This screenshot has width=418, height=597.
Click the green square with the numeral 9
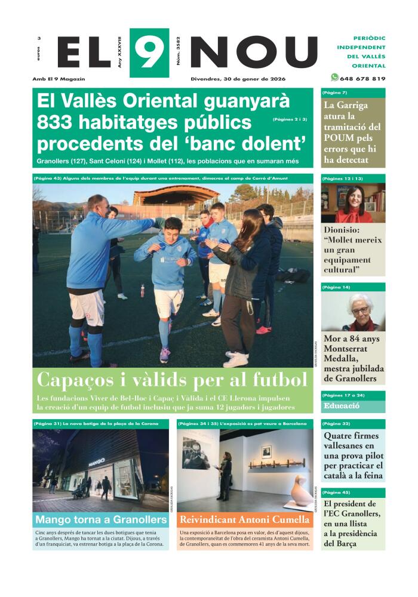[149, 53]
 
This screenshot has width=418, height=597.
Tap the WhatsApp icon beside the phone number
[334, 78]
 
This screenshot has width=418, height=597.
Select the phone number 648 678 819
[363, 78]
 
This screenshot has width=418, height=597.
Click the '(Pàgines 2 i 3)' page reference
[290, 119]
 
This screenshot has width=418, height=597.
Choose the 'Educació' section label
[342, 406]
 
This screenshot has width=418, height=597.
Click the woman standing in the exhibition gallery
[225, 476]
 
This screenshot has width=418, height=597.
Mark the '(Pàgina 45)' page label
[336, 493]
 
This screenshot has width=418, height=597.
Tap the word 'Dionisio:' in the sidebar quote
[345, 229]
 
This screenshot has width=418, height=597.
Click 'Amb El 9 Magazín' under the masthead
[59, 79]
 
